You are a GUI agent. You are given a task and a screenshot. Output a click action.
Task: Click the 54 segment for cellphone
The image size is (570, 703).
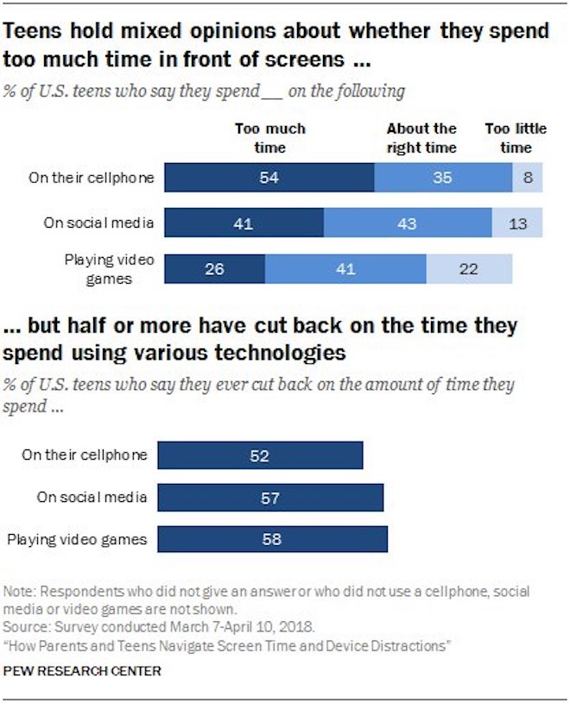point(269,178)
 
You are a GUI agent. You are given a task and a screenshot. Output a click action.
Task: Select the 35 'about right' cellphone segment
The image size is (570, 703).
point(443,178)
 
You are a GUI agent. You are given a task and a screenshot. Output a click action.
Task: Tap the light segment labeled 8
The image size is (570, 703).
point(527,178)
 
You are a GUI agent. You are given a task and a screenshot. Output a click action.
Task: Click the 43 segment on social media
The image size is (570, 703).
point(408,223)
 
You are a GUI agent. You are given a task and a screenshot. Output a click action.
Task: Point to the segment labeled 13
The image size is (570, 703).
point(517,223)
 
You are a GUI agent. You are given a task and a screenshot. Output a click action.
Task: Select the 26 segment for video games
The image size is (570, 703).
point(214,268)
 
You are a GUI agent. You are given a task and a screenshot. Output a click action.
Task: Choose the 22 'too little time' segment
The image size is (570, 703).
point(469,268)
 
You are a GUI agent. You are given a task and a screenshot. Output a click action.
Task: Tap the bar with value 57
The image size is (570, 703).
point(271,498)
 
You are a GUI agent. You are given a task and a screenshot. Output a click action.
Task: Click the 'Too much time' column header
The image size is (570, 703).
point(269,138)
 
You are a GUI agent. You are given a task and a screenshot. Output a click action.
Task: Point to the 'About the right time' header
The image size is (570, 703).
point(421,138)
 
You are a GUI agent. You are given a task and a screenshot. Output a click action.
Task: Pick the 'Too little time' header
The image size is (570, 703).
point(516,138)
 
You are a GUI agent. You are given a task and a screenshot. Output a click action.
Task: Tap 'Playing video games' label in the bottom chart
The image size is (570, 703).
point(78,540)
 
